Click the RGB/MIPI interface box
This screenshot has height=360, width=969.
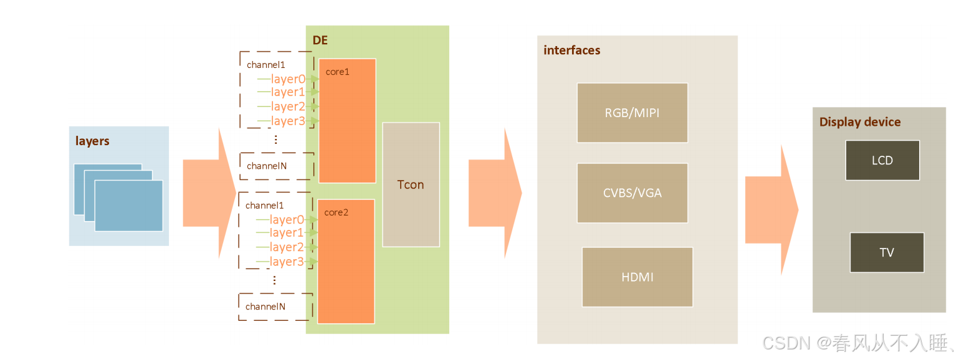[632, 113]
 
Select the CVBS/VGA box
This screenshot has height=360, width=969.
[632, 192]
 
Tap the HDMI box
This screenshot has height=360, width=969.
[637, 277]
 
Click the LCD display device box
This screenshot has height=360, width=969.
[882, 160]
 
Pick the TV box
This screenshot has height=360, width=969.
[886, 252]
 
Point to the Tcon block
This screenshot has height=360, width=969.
[411, 184]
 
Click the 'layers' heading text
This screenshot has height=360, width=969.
[92, 141]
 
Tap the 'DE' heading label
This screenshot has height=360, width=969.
[320, 40]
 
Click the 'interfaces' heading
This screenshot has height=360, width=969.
[571, 50]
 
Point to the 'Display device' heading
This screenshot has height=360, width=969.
[859, 122]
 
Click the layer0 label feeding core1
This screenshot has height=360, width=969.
[288, 79]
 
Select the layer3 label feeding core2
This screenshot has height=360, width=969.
[287, 262]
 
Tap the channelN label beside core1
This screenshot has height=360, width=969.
[266, 166]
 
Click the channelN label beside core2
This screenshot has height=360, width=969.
[265, 306]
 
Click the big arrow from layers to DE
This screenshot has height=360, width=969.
[209, 193]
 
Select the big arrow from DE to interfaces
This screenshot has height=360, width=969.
[494, 193]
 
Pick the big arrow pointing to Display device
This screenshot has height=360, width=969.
[771, 210]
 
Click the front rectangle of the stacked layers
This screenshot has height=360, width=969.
[128, 206]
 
